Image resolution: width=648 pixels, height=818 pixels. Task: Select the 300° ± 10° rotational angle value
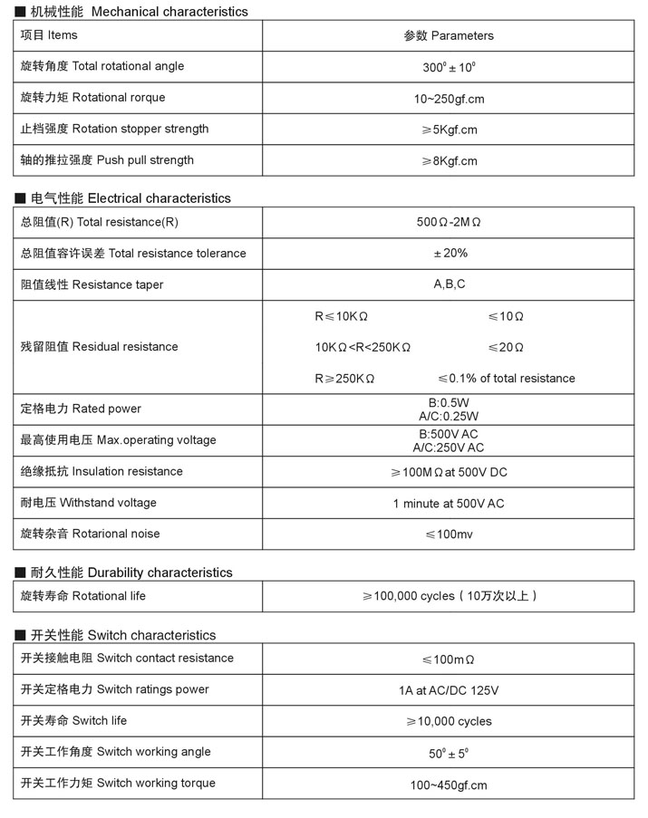[449, 67]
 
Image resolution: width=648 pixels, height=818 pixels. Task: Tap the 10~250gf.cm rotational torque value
[449, 99]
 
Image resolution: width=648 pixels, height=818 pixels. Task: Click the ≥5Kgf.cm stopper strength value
[449, 130]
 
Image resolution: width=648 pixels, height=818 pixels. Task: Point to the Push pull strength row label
[107, 160]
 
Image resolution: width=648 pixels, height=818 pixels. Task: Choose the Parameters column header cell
[449, 36]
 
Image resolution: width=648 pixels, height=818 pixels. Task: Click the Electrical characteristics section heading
[131, 198]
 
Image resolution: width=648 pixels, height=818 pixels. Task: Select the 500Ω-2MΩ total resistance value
[449, 223]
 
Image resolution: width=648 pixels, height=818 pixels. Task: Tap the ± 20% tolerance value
[449, 254]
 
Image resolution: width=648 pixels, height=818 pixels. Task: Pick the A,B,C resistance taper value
[449, 284]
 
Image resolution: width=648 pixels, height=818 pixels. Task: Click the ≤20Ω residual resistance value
[506, 347]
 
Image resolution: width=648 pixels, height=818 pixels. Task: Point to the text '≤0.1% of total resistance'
[506, 379]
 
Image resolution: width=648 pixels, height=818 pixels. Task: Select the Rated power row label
[81, 409]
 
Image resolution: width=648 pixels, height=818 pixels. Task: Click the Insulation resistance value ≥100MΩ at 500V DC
[449, 472]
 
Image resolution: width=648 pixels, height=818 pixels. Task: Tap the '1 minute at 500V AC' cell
[449, 503]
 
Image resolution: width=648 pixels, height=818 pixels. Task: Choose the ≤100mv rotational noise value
[449, 534]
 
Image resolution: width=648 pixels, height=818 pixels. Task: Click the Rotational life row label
[82, 596]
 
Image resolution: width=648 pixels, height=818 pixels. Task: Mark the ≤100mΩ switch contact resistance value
[449, 659]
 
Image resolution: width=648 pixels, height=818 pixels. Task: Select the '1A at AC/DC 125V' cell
[449, 690]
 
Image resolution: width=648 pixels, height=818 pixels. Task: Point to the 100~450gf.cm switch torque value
[449, 785]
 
